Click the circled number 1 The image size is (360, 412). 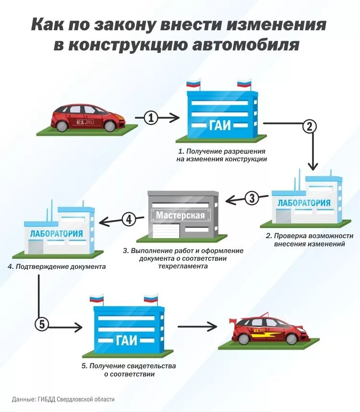pos(151,118)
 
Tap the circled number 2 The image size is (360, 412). pos(309,126)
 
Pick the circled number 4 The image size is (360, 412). pos(128,220)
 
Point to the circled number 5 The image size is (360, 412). pos(42,325)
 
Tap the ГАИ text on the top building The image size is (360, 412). pos(221,125)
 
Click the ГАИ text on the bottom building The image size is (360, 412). pos(127,340)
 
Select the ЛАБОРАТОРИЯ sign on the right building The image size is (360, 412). pos(304,203)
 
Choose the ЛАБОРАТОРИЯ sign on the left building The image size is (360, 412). pos(56,234)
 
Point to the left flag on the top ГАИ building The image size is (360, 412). pos(193,85)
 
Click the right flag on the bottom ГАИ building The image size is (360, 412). pos(151,299)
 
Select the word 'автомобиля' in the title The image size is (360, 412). pos(253,46)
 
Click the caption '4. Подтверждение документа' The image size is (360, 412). pos(57,266)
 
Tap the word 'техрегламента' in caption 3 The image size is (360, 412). pos(183,266)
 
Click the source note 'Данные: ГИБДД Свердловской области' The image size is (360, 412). pos(63,399)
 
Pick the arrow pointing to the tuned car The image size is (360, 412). pos(197,327)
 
